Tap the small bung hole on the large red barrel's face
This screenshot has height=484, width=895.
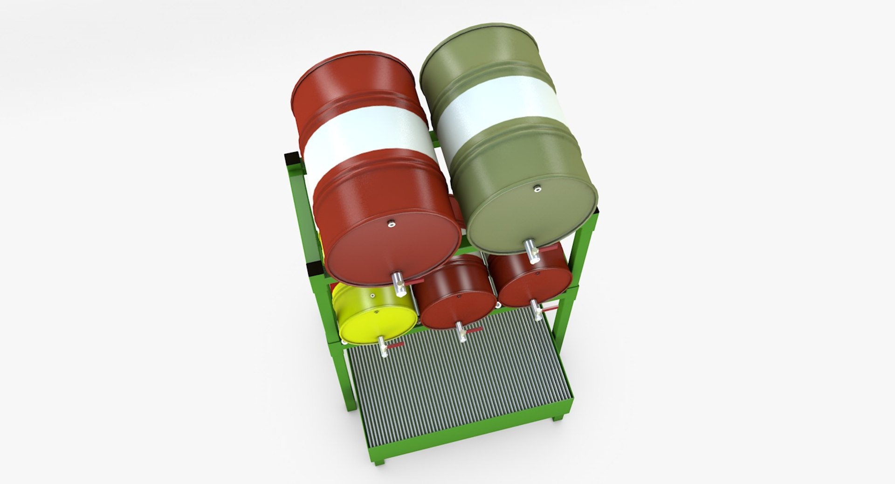[391, 224]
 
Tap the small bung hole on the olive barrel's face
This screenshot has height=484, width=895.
[537, 188]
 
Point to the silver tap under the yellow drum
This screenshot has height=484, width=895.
[383, 347]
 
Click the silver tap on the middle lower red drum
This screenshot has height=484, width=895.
[461, 332]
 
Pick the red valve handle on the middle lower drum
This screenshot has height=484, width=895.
[474, 331]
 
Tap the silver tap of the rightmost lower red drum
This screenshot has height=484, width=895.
[537, 309]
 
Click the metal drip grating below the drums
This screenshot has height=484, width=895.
[457, 387]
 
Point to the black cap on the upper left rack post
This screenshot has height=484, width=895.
[293, 159]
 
